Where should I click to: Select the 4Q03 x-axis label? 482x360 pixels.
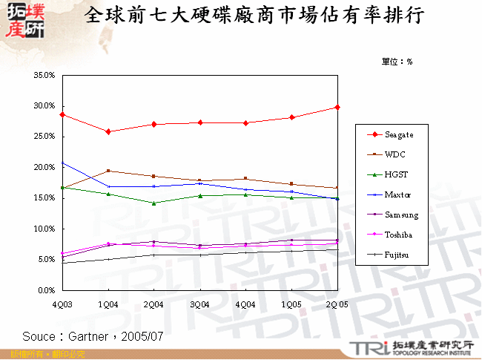(63, 304)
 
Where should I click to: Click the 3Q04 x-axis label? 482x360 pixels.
(200, 304)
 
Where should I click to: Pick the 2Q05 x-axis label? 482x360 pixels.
(337, 304)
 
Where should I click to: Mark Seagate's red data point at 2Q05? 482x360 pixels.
(337, 108)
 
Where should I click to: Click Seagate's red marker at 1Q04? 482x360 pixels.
(108, 131)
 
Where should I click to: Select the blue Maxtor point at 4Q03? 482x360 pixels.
(63, 163)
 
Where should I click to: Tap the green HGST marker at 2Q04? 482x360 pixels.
(154, 203)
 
